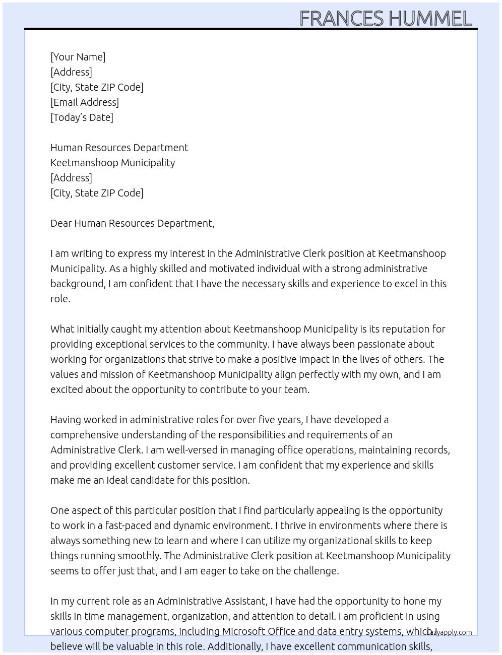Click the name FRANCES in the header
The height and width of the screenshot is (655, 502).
341,19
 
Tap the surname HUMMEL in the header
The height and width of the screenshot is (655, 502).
430,19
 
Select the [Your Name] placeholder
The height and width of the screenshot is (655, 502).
78,57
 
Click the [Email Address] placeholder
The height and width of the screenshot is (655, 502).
85,102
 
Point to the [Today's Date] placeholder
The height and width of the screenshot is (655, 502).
82,117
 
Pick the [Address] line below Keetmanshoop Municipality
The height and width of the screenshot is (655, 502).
71,178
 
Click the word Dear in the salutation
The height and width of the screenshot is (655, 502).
61,223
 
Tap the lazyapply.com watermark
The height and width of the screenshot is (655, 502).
451,632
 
